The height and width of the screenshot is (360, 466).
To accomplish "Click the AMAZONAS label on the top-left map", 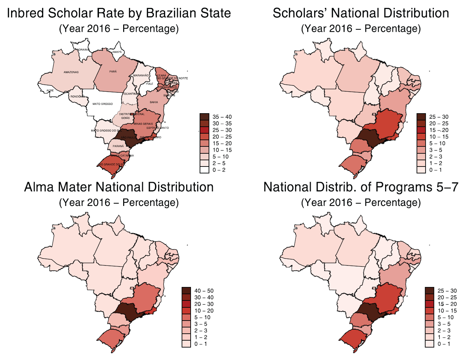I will pyautogui.click(x=71, y=72).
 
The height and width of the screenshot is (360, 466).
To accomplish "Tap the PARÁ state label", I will pyautogui.click(x=113, y=71).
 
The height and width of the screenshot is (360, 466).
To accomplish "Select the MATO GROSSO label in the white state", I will pyautogui.click(x=102, y=104).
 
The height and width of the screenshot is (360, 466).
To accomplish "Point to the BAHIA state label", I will pyautogui.click(x=154, y=102).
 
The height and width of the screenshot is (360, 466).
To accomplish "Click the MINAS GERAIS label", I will pyautogui.click(x=143, y=124).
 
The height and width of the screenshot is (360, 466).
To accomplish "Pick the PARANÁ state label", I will pyautogui.click(x=118, y=146).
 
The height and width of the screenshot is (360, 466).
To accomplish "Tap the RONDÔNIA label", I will pyautogui.click(x=77, y=97).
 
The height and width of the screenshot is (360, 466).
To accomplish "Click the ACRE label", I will pyautogui.click(x=50, y=90).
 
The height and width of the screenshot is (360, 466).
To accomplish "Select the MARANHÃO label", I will pyautogui.click(x=141, y=75).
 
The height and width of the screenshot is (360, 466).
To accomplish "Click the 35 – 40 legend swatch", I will pyautogui.click(x=204, y=117).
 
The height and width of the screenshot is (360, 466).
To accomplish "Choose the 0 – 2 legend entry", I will pyautogui.click(x=219, y=170).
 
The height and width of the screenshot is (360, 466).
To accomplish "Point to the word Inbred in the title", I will pyautogui.click(x=25, y=13).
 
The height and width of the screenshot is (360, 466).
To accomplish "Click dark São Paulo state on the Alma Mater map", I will pyautogui.click(x=127, y=311).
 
